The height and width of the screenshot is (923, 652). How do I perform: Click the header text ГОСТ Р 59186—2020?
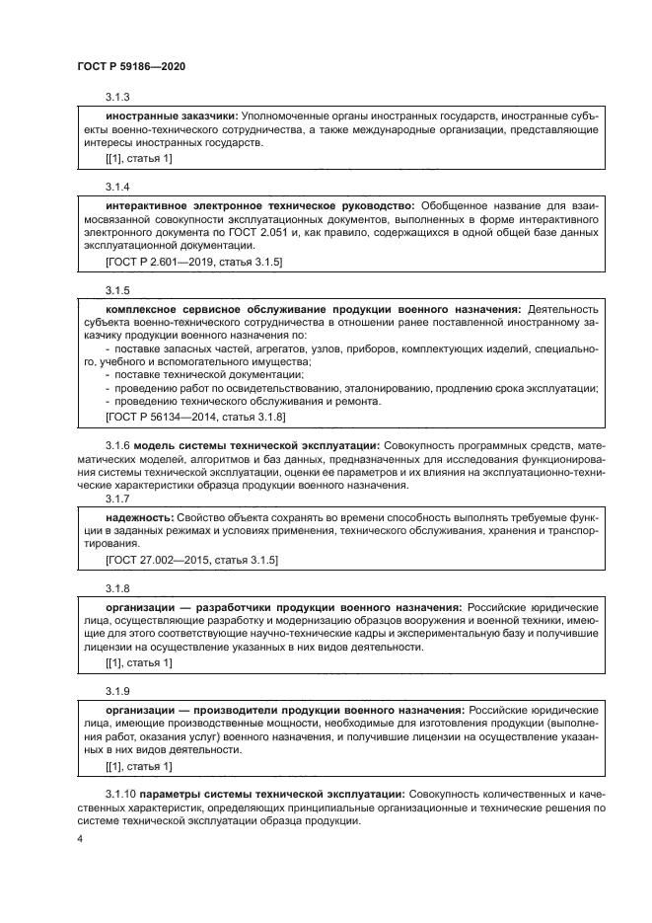coord(130,65)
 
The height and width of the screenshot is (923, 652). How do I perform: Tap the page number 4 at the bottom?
coord(80,839)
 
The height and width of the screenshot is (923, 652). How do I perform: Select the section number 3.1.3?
coord(118,98)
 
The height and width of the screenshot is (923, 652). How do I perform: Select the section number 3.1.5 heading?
coord(118,290)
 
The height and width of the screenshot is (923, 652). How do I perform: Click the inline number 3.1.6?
coord(117,445)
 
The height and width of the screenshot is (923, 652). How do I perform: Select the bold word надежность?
coord(139,517)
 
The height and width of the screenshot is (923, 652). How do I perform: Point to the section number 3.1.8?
coord(118,588)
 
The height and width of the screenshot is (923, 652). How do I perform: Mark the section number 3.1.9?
coord(118,691)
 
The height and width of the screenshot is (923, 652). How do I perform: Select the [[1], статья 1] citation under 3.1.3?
coord(138,158)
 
